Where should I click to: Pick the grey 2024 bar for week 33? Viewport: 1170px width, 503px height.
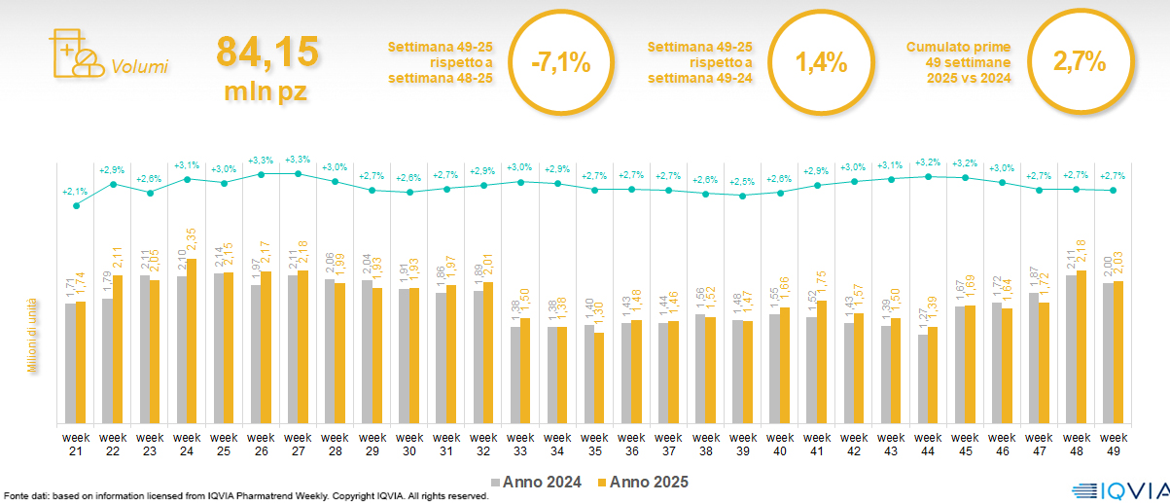(x=516, y=375)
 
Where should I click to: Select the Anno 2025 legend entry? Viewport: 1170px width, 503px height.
(x=643, y=482)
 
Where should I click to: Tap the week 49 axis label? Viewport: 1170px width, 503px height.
(x=1114, y=443)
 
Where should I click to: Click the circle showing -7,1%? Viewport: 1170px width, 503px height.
(x=560, y=62)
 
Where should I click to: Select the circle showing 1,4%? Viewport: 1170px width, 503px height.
(x=821, y=62)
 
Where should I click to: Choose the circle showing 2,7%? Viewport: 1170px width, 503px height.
(x=1080, y=62)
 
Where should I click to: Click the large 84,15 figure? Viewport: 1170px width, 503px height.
(x=267, y=53)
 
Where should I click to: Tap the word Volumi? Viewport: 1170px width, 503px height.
(x=139, y=67)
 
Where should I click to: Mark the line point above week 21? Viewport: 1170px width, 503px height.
(x=76, y=205)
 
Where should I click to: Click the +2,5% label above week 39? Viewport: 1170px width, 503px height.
(x=742, y=181)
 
